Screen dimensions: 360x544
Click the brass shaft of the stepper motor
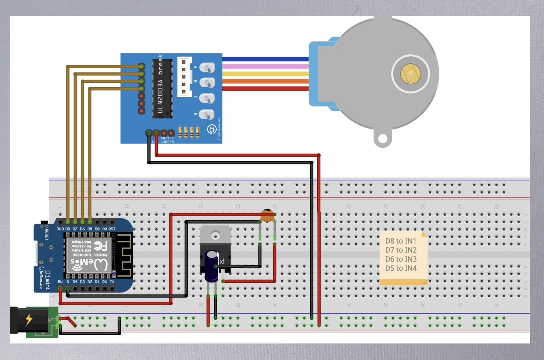410,74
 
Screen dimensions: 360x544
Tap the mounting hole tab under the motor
382,138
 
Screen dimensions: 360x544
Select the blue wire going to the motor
265,59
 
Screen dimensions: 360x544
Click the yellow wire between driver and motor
265,74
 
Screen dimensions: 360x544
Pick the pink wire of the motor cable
265,66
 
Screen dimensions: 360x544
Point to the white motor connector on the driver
184,77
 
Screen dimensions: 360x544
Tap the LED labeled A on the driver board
207,68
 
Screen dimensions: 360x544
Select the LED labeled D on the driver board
207,114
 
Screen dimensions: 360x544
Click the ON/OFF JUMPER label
167,140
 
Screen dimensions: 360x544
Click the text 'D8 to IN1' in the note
401,241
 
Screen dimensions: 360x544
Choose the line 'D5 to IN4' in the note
401,268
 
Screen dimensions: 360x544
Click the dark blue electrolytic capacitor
212,265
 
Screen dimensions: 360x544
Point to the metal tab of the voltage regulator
215,235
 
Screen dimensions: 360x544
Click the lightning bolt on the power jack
29,319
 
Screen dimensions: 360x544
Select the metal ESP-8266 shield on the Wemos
89,255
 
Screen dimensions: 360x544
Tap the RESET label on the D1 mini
47,234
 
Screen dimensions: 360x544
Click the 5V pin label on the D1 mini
60,282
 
